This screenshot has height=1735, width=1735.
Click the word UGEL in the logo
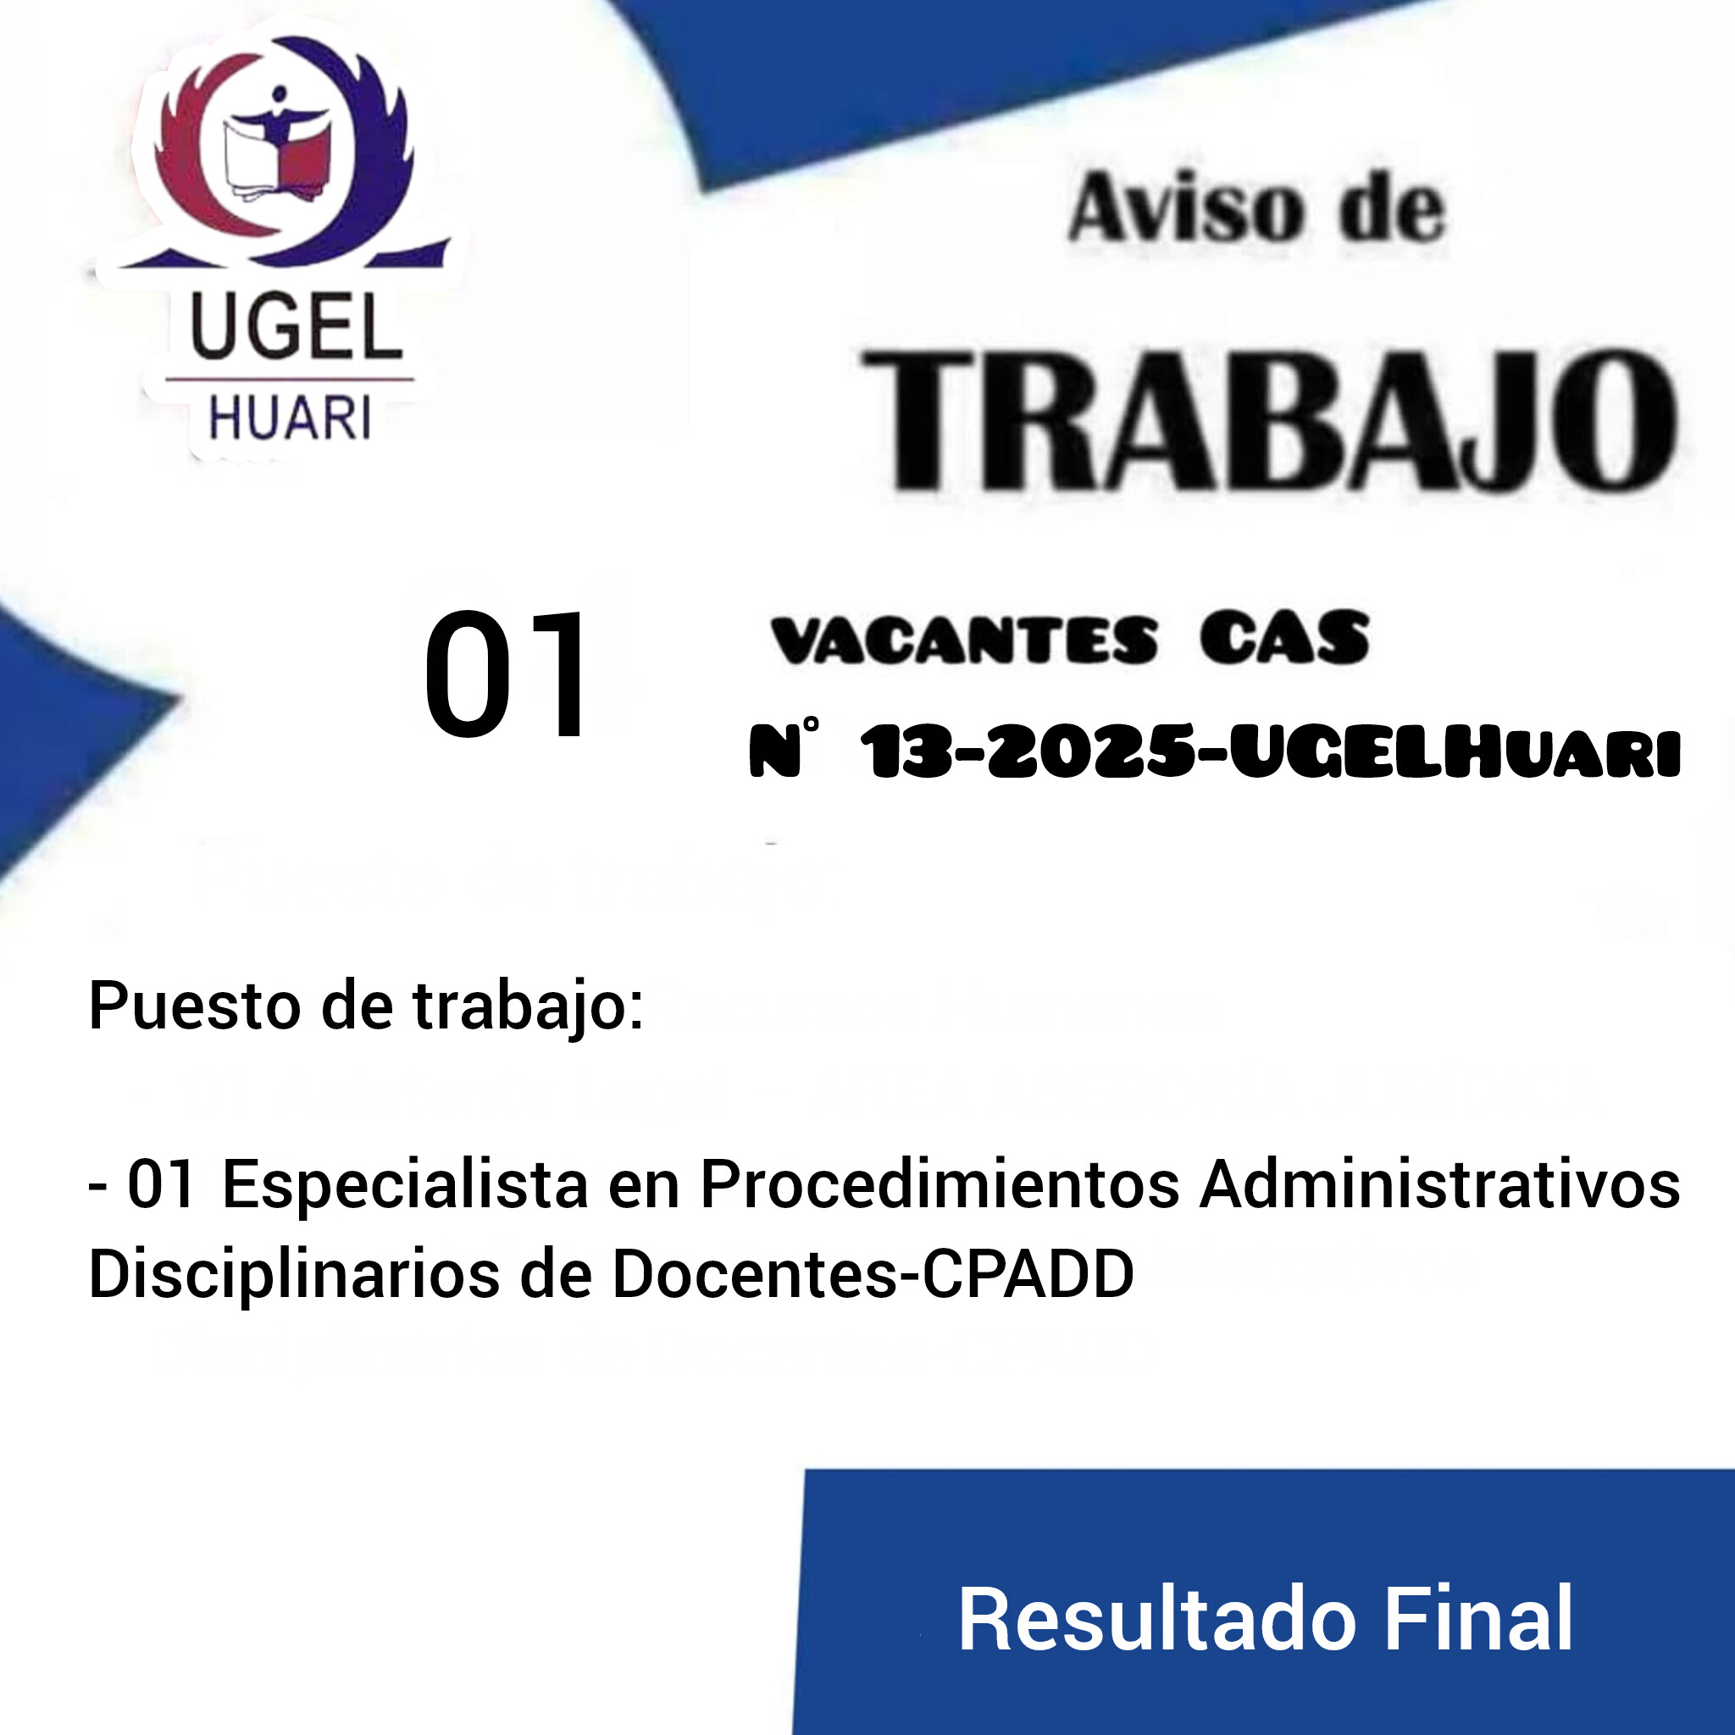(x=297, y=329)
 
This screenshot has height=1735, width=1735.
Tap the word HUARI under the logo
(x=289, y=419)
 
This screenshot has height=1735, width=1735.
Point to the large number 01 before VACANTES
(x=506, y=675)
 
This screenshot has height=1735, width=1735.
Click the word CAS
(x=1284, y=640)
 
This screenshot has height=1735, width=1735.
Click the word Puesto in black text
(x=194, y=1006)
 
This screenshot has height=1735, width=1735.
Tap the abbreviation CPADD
(x=1029, y=1273)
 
